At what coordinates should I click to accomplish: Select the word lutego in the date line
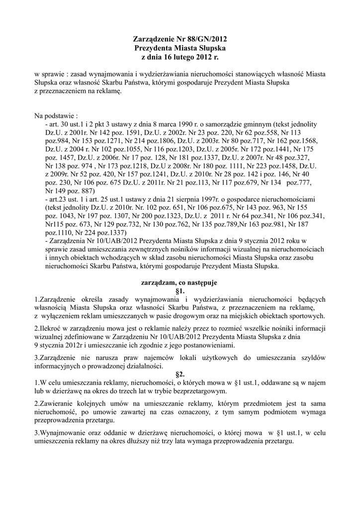point(188,58)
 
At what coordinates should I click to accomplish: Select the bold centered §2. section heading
point(180,374)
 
